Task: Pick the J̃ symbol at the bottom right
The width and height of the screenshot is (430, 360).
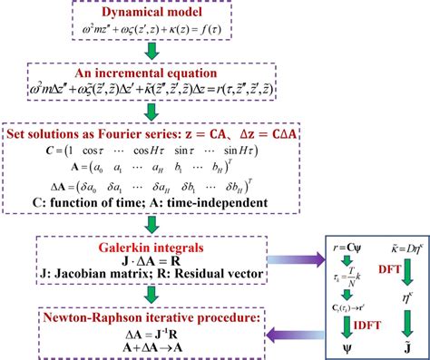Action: [398, 346]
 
